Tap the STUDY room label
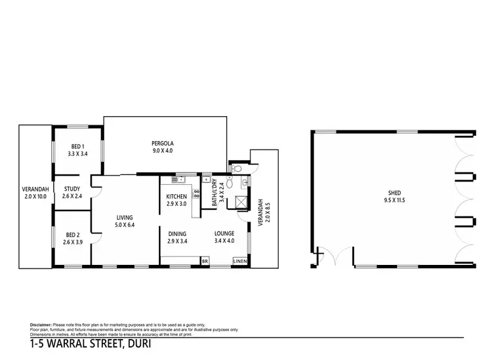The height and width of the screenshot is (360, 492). (x=72, y=189)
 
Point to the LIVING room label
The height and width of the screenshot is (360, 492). (x=125, y=219)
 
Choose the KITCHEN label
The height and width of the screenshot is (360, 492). (x=176, y=196)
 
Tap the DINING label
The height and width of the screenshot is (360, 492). (x=177, y=233)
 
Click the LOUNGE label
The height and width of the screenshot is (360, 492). (x=224, y=233)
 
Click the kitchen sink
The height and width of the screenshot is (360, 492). (x=179, y=180)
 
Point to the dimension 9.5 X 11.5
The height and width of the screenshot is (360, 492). (x=395, y=200)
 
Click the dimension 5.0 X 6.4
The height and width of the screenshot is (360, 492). (x=125, y=226)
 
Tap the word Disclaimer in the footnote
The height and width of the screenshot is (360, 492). (x=43, y=325)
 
